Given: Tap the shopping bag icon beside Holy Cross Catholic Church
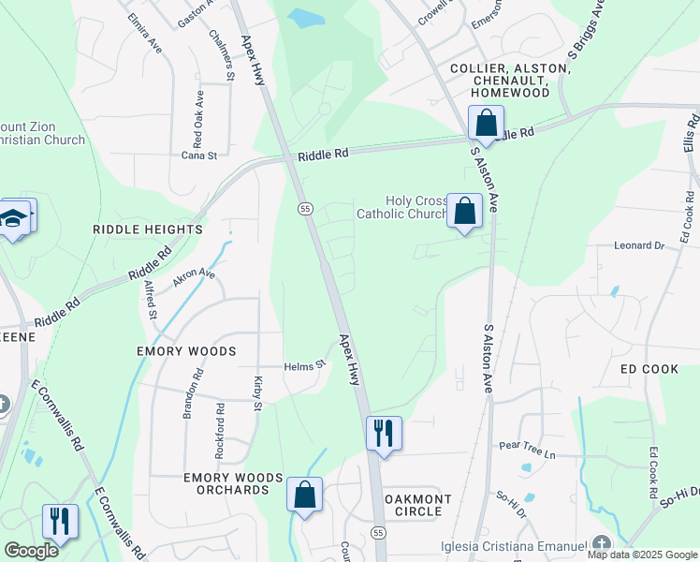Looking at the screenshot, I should (x=464, y=211).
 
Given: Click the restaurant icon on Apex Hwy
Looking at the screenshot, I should (x=384, y=434).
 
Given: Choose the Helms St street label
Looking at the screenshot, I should (x=304, y=365).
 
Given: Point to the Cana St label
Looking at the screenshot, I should (x=198, y=155).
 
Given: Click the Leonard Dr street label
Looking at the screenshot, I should (x=638, y=245).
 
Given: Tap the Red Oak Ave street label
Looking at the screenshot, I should (x=198, y=120).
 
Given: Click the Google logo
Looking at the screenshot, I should (x=31, y=550).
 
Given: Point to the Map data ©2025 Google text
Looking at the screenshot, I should (x=642, y=555).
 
